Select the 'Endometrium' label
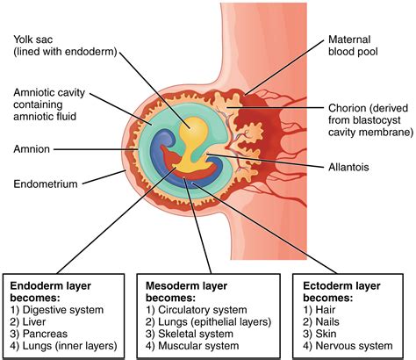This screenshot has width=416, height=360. [x=45, y=184]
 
